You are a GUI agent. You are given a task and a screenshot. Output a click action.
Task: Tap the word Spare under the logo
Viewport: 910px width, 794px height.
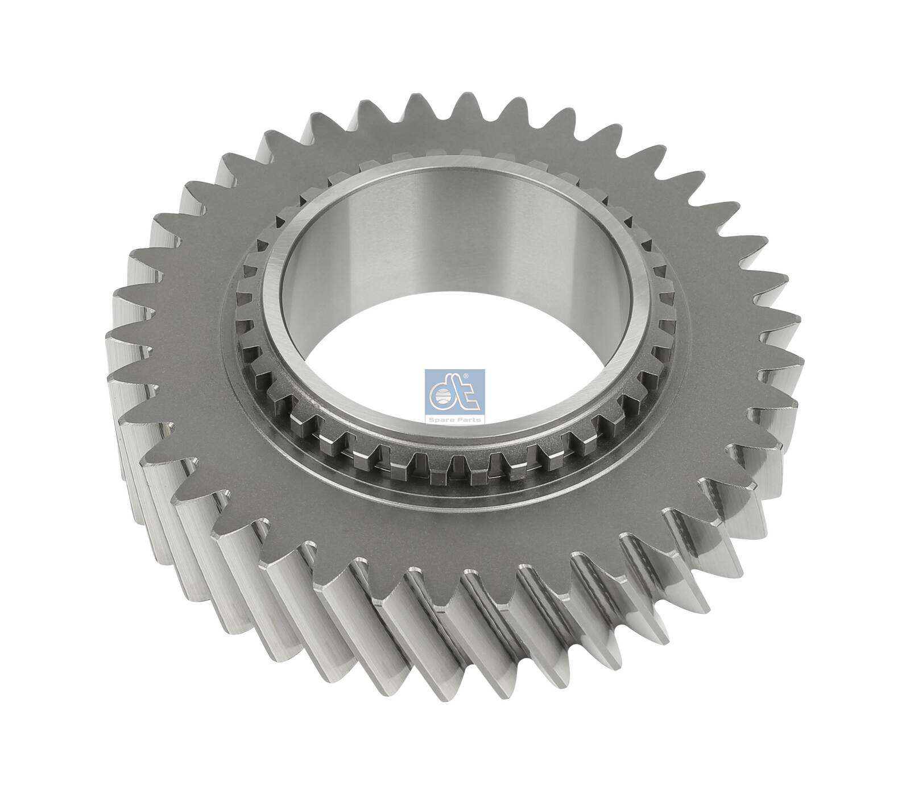click(445, 419)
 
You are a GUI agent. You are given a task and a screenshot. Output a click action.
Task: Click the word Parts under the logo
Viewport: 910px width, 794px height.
click(467, 419)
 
